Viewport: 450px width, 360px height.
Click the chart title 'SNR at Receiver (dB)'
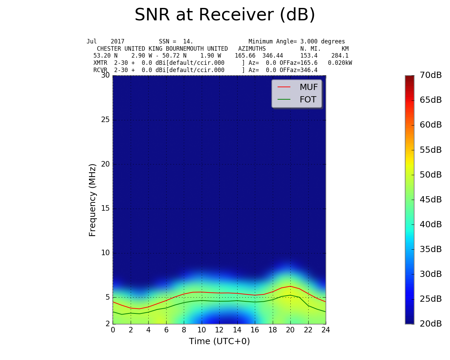tap(225, 15)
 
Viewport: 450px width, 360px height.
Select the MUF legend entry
tap(308, 87)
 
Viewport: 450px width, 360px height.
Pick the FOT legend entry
tap(308, 100)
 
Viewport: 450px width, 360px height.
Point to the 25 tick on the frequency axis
tap(105, 120)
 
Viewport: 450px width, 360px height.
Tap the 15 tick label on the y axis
tap(105, 209)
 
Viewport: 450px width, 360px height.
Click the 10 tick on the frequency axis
tap(105, 253)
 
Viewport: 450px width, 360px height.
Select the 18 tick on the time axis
tap(272, 330)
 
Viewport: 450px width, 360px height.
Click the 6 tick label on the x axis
tap(166, 330)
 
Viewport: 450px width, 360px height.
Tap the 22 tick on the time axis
tap(308, 330)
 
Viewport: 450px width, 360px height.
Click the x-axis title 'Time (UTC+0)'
tap(219, 341)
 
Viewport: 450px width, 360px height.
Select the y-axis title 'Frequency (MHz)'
tap(92, 200)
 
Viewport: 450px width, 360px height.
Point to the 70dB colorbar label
tap(431, 75)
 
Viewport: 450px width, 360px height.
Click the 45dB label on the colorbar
tap(431, 200)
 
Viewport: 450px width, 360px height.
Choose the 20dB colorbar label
tap(431, 324)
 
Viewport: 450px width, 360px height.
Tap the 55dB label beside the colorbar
tap(431, 150)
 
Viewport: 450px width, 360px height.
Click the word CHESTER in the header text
tap(109, 49)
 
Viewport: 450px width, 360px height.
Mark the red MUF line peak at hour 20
tap(290, 286)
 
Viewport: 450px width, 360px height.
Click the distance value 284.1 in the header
tap(340, 56)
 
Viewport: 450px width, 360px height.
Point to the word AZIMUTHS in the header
tap(252, 49)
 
